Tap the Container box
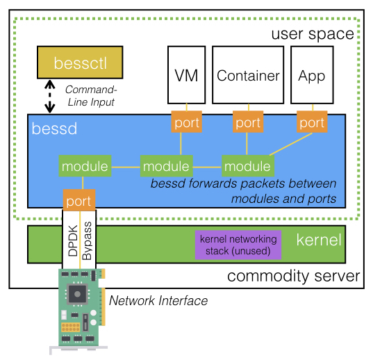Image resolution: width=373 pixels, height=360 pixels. tap(248, 75)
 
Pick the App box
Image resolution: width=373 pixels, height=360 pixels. tap(311, 75)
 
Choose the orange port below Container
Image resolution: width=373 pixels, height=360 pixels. tap(248, 122)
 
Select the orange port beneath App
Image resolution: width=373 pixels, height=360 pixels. tap(312, 122)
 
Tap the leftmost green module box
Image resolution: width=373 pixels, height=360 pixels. tap(84, 166)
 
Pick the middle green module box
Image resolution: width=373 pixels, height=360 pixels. tap(165, 166)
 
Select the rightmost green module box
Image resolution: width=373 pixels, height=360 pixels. tap(247, 166)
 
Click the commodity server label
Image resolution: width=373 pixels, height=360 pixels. tap(293, 277)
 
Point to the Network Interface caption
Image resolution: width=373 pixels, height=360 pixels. tap(158, 300)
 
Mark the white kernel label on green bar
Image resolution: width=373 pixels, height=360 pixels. tap(319, 240)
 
